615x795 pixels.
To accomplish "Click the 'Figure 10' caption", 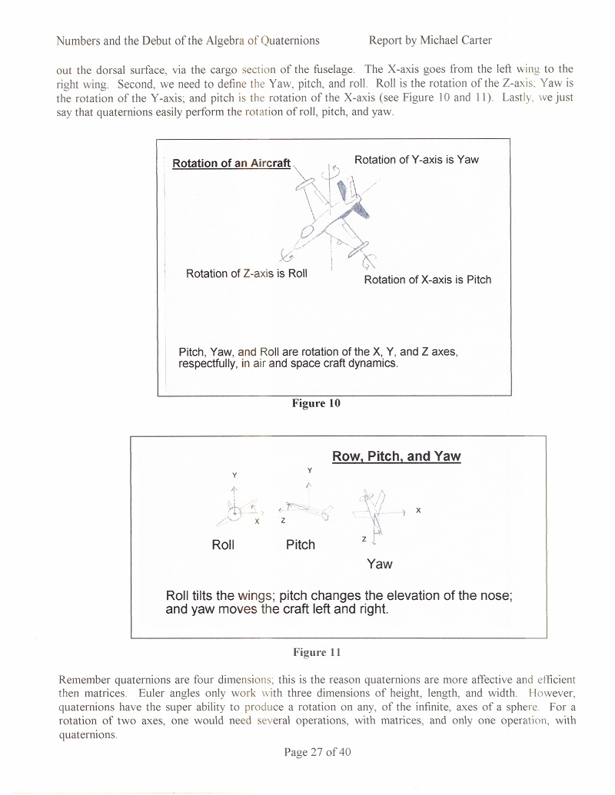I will [315, 403].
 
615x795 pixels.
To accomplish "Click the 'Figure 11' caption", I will [316, 652].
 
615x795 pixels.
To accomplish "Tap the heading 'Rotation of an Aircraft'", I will [231, 163].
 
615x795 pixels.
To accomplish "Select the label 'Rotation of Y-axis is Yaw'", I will [416, 160].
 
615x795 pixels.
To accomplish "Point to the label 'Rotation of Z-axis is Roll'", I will [246, 273].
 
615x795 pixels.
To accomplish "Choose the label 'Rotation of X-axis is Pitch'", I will [427, 280].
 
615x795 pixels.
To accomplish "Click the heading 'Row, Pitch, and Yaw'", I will [396, 456].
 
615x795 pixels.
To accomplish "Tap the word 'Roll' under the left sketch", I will [223, 545].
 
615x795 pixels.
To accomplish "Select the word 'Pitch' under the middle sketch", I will [301, 545].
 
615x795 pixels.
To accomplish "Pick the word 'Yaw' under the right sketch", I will [380, 564].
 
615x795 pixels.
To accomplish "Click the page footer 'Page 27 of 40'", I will [317, 752].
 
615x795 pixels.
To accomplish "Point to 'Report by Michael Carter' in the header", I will [430, 40].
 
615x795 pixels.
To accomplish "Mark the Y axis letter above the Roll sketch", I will [234, 475].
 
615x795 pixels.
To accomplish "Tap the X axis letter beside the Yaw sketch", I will [418, 510].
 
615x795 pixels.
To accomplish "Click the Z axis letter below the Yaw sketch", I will [364, 540].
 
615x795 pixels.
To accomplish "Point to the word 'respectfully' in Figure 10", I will [208, 363].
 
